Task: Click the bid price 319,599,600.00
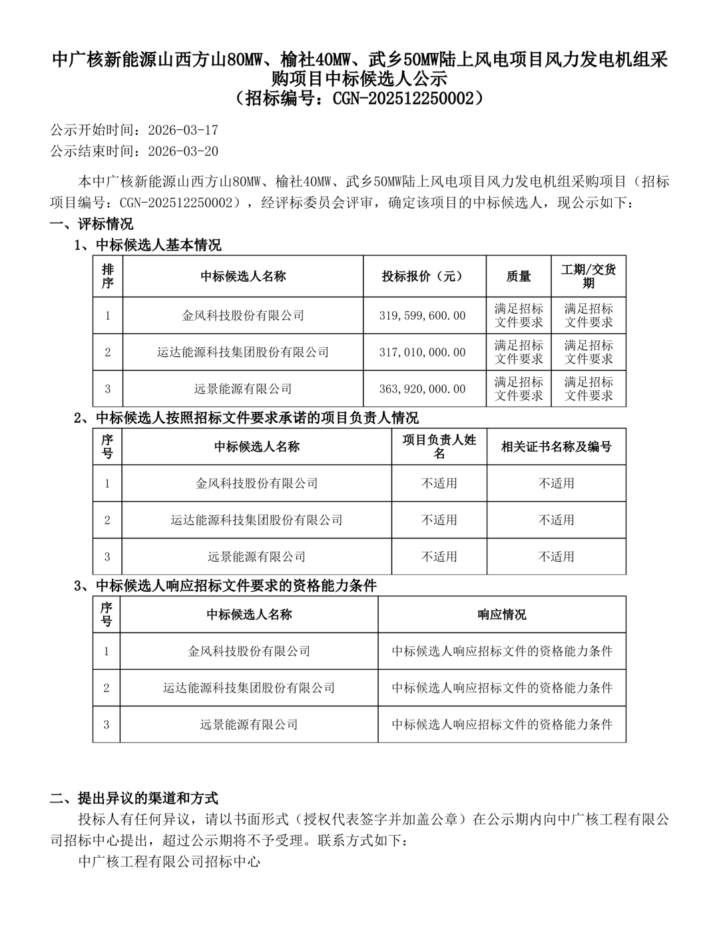(423, 315)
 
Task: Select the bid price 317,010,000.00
(423, 352)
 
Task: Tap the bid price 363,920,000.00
(423, 389)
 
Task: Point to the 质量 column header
(519, 276)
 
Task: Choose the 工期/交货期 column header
(589, 276)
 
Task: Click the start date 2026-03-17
(182, 129)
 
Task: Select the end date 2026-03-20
(182, 151)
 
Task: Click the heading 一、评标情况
(92, 223)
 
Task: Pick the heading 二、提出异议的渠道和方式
(134, 798)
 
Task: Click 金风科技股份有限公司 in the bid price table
(243, 315)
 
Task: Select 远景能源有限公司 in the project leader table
(256, 556)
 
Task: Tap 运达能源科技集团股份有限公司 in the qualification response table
(249, 687)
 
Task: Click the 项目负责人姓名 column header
(439, 447)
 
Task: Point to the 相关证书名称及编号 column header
(556, 447)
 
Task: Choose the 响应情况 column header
(501, 614)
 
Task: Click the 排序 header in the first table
(107, 276)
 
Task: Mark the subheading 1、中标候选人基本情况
(147, 245)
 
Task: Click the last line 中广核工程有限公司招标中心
(168, 861)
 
